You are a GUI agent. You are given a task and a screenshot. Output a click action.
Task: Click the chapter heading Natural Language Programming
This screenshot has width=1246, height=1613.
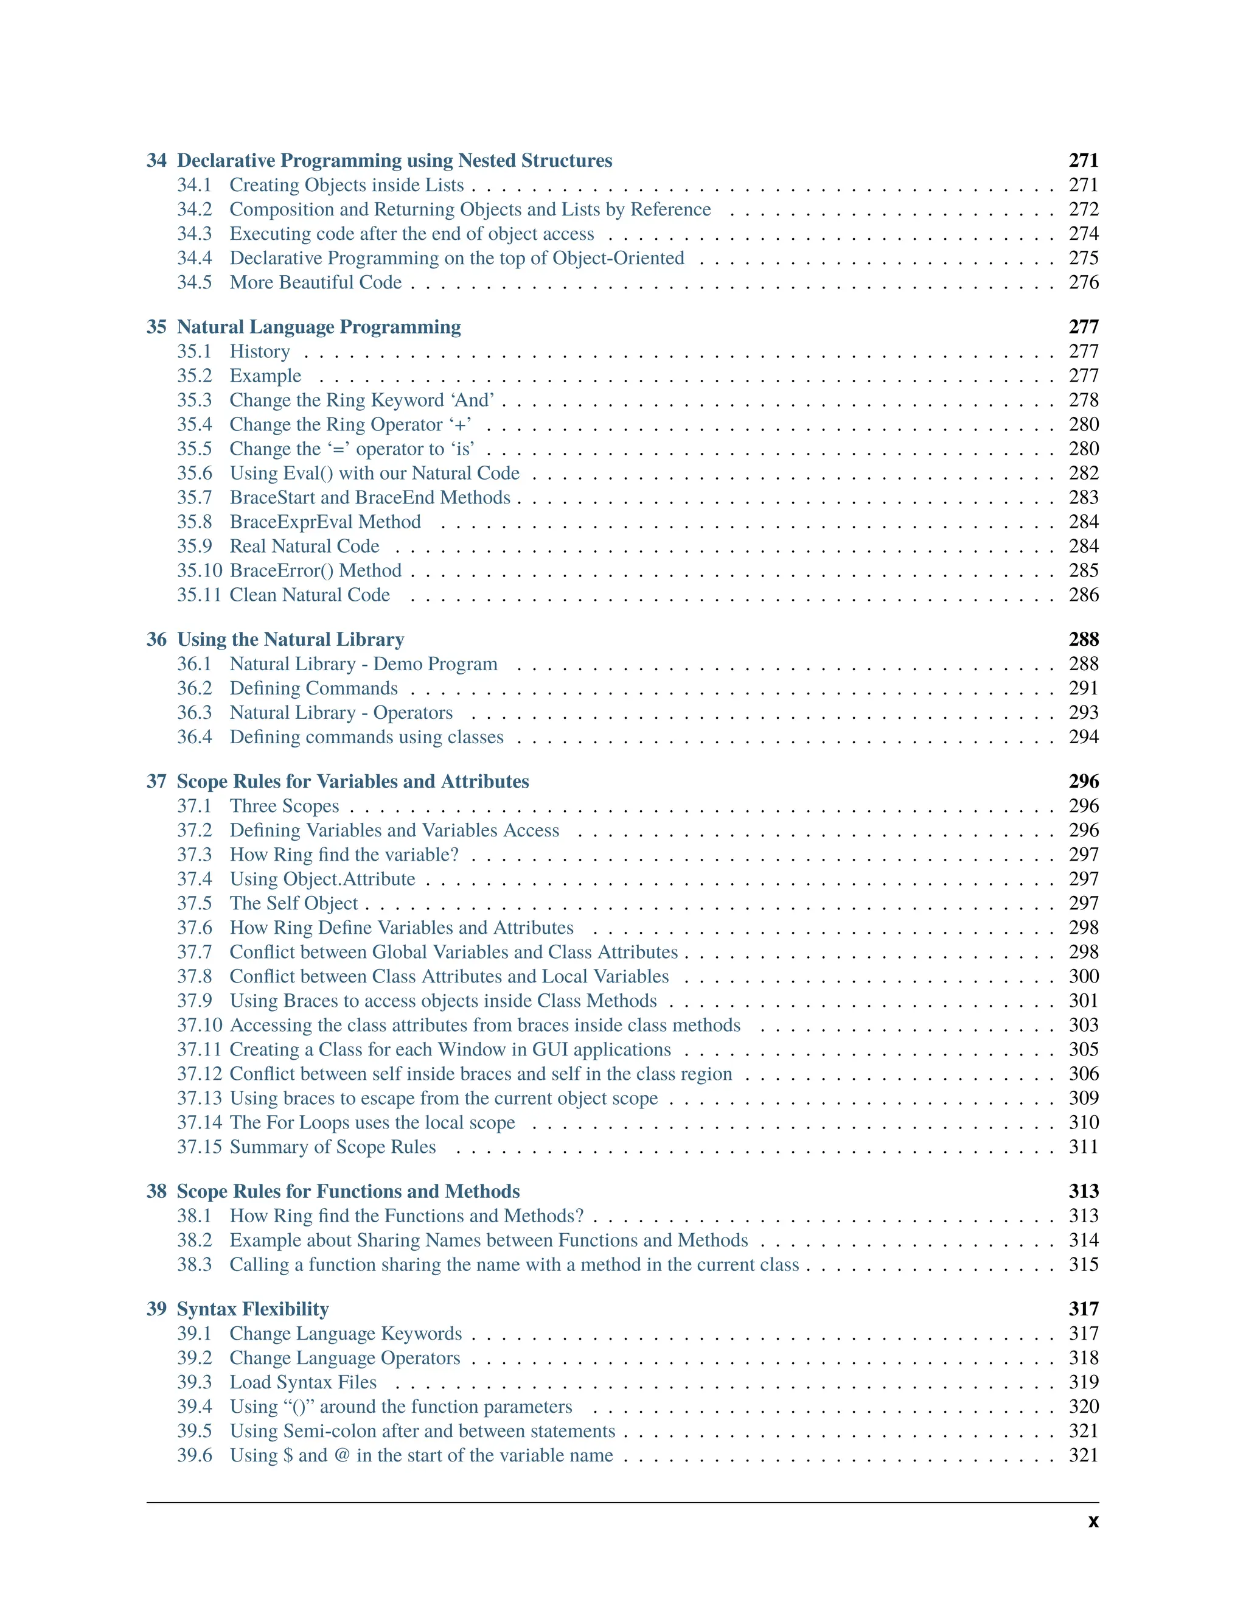click(x=319, y=327)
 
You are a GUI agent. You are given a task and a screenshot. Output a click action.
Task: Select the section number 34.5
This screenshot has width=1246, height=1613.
click(x=194, y=283)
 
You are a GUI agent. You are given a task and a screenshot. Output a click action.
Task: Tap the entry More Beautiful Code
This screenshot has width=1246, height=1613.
click(x=315, y=283)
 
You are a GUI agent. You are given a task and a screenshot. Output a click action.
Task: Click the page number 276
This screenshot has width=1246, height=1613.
click(x=1083, y=283)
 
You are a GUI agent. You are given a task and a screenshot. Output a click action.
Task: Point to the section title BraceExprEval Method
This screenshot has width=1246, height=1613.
click(x=325, y=522)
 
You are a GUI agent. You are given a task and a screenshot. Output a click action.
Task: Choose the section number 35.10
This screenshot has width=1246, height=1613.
click(x=200, y=571)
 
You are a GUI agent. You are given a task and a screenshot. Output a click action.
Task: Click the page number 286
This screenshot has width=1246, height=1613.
click(x=1083, y=595)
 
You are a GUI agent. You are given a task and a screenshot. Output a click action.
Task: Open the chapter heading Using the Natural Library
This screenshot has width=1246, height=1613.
click(x=290, y=640)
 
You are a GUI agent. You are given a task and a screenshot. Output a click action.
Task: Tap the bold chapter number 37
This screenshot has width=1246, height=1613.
click(x=156, y=782)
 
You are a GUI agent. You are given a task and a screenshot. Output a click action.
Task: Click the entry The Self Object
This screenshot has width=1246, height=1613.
click(x=293, y=903)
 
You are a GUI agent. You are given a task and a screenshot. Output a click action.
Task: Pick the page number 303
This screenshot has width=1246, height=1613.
click(x=1083, y=1025)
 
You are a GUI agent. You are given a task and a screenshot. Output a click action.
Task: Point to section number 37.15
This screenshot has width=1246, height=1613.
click(x=200, y=1147)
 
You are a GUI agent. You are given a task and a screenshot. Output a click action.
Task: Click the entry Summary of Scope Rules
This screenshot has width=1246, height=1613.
click(x=332, y=1147)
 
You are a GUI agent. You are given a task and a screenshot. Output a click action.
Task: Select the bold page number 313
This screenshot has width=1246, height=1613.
click(x=1083, y=1191)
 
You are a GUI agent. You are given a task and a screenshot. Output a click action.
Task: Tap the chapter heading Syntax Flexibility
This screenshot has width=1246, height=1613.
click(x=252, y=1309)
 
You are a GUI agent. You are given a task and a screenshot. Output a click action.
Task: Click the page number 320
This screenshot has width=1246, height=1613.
click(x=1083, y=1407)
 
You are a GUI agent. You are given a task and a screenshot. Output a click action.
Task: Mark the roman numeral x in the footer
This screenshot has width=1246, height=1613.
click(x=1093, y=1522)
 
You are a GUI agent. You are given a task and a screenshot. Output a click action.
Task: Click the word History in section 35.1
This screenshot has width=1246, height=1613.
click(x=259, y=352)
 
